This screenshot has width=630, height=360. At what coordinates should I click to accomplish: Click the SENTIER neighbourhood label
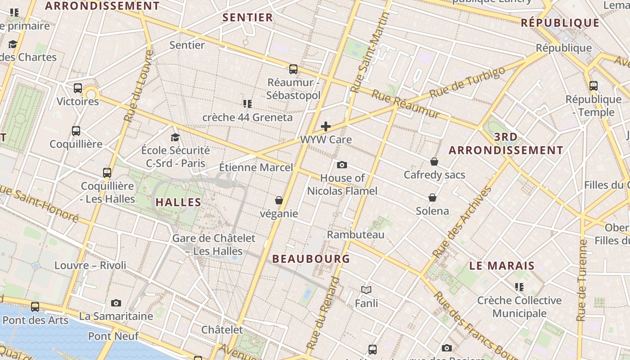point(247,18)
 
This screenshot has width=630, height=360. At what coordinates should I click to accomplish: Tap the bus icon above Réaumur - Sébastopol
point(293,69)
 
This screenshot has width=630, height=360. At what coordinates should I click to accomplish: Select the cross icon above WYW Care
point(326,126)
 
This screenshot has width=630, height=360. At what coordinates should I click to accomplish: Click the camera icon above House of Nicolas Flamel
point(342,165)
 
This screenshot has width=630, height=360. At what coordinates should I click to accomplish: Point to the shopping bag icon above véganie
point(279,200)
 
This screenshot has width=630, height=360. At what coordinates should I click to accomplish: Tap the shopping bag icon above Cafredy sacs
point(434,162)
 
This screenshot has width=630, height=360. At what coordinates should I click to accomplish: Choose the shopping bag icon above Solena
point(432,198)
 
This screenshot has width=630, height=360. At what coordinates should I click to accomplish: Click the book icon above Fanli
point(366,290)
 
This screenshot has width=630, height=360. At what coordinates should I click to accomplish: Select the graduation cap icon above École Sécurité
point(175,137)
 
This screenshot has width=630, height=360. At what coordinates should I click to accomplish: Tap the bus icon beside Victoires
point(78,88)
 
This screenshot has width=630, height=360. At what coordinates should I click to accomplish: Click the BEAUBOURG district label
point(311,259)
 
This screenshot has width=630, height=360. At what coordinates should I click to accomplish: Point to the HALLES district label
point(178,202)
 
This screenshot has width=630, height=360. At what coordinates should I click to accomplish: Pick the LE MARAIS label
point(502,265)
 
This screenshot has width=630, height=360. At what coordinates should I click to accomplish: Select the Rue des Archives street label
point(462,222)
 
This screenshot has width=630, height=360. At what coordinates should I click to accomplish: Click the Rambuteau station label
point(355,234)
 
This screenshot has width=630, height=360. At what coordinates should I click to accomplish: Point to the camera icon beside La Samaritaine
point(116,303)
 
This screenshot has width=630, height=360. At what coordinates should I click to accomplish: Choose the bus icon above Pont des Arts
point(35,307)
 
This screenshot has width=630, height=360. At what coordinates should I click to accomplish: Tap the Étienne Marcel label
point(256,167)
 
